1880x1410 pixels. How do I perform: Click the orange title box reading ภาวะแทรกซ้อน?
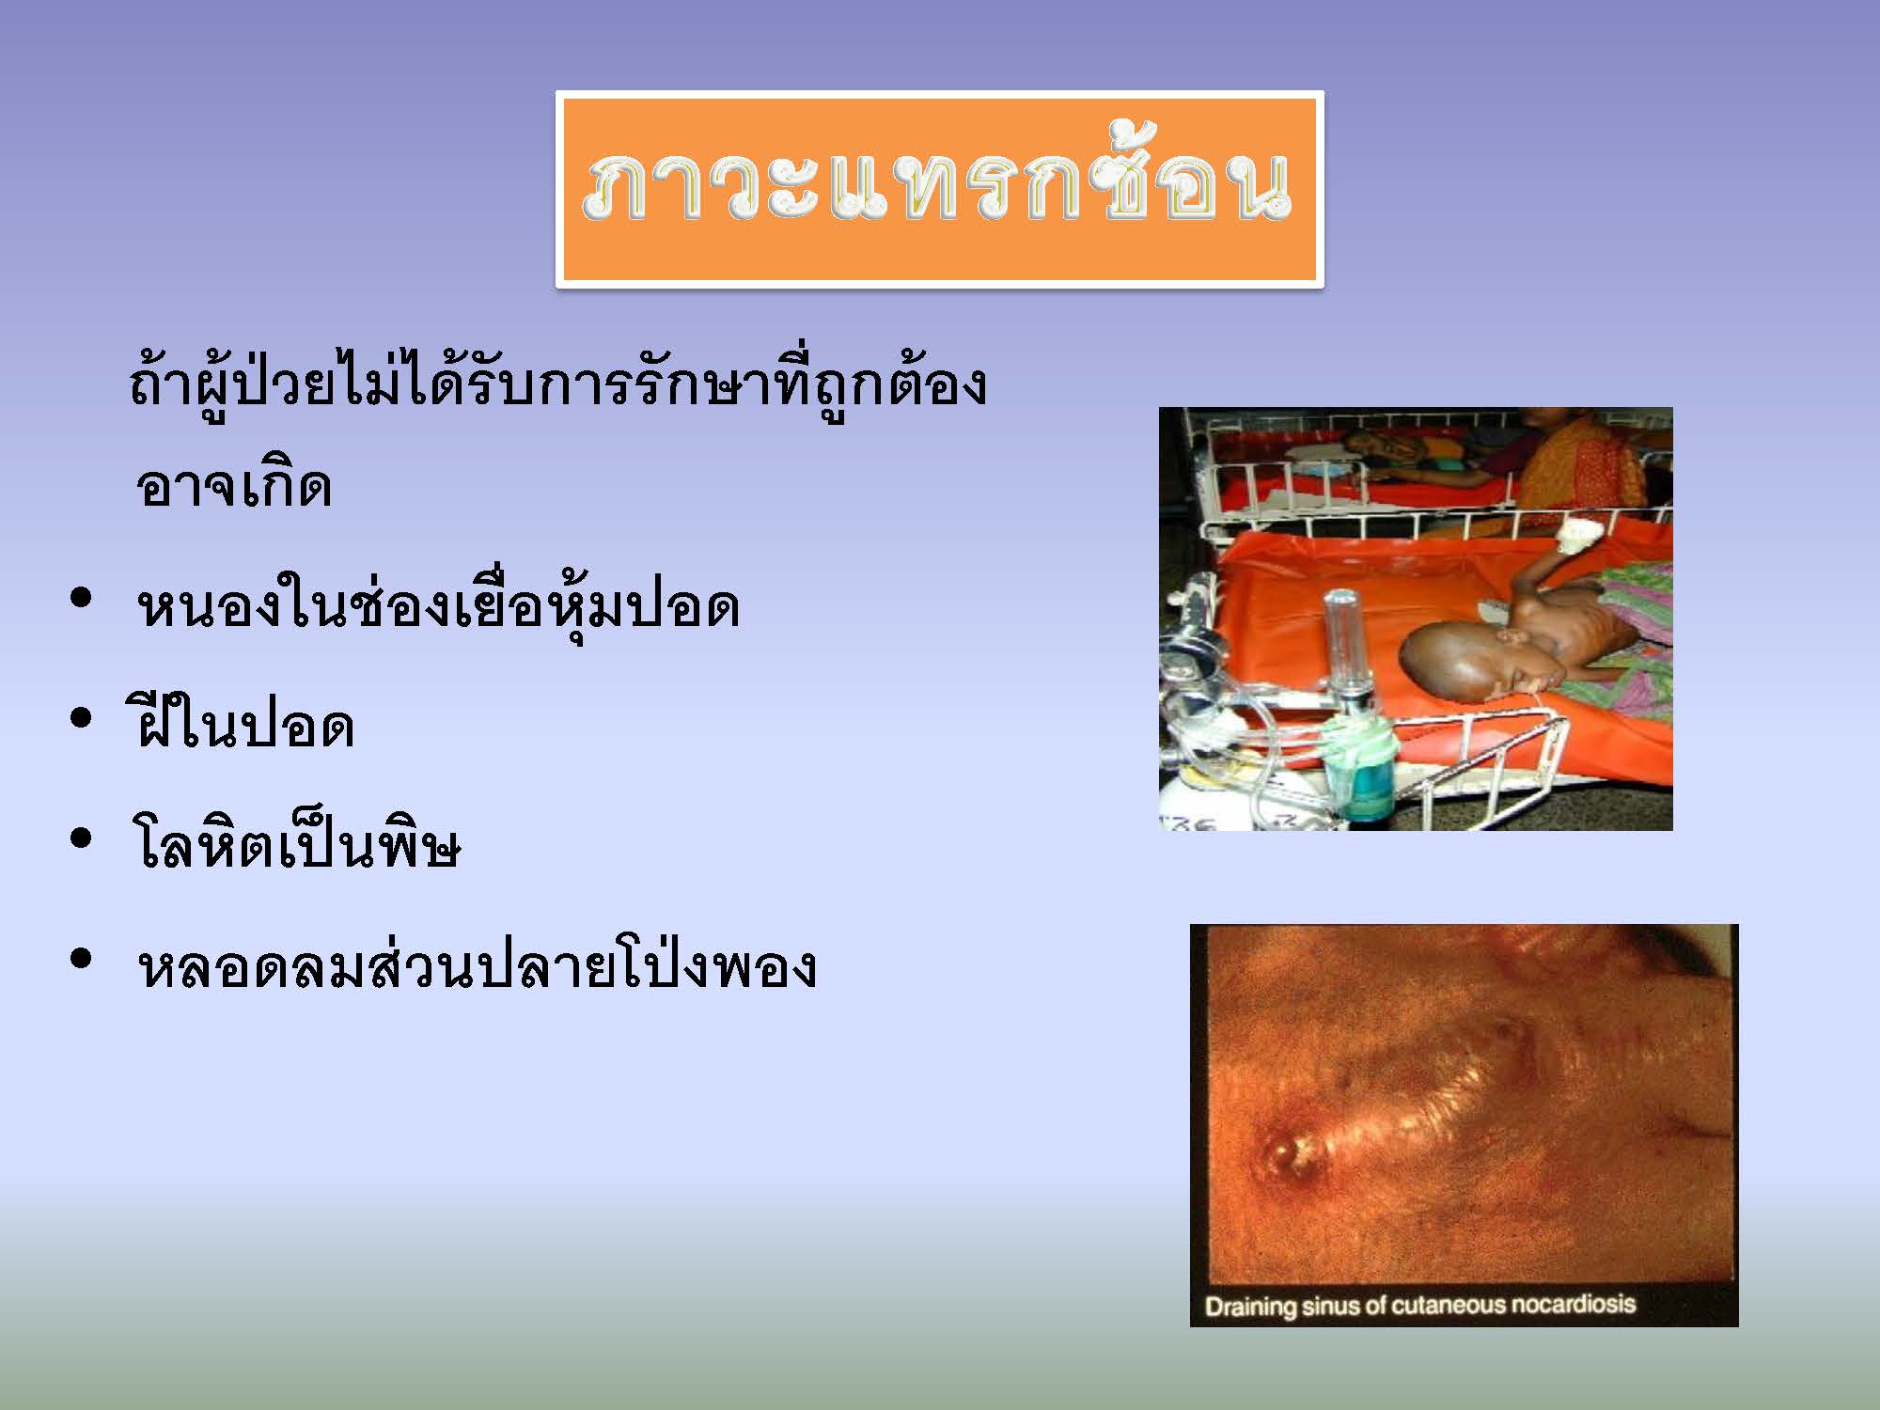click(940, 189)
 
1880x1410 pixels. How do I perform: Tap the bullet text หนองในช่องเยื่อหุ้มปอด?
click(438, 606)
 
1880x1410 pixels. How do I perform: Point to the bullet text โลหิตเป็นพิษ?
click(298, 844)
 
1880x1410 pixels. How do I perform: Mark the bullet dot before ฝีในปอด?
click(82, 718)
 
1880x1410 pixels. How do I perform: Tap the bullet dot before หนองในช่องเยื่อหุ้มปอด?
click(82, 598)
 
